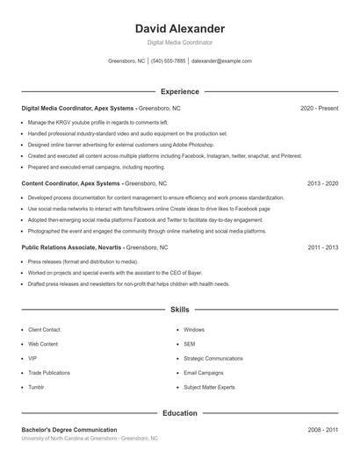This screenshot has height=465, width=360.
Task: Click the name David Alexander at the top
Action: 179,29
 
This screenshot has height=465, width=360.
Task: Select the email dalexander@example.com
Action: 221,61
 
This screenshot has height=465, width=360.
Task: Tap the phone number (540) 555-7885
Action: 168,61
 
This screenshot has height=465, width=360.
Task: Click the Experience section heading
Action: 179,91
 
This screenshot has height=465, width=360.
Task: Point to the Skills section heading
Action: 179,310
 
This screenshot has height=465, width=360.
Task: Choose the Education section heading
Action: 179,412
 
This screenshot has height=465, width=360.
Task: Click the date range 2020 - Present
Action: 319,108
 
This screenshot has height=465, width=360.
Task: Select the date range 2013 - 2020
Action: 322,184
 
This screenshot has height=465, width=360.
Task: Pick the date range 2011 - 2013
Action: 322,247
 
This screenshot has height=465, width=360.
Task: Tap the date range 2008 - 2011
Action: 322,430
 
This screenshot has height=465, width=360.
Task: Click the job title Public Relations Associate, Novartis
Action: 71,247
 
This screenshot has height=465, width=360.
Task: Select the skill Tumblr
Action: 36,387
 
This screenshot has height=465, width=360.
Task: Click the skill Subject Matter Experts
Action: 209,387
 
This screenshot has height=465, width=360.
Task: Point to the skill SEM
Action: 189,344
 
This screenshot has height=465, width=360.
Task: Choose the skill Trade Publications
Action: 49,373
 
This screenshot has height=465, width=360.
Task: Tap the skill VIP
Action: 32,358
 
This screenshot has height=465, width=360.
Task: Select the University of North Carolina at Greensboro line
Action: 90,438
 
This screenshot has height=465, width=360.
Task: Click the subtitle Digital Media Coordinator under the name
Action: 179,42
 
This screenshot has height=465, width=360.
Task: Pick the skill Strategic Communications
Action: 212,358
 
